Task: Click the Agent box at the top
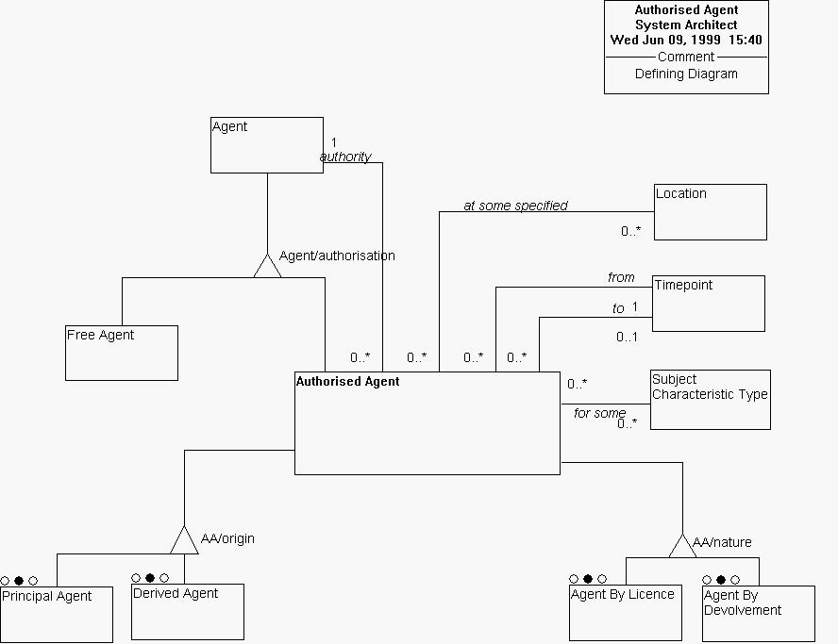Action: point(266,145)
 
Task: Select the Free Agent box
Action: point(122,353)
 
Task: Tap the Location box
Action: point(710,212)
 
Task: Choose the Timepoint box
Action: point(708,303)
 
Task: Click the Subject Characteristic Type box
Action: point(710,399)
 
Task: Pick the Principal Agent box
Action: point(56,614)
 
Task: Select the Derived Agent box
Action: point(187,612)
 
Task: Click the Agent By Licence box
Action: point(625,612)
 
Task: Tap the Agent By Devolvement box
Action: point(758,614)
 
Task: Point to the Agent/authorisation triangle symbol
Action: point(268,267)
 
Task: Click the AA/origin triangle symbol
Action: point(184,541)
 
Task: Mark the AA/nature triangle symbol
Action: point(682,546)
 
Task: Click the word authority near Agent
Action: point(345,157)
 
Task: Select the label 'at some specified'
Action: point(515,206)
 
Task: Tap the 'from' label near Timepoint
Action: point(621,277)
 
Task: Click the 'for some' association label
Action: point(599,413)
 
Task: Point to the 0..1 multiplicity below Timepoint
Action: point(628,337)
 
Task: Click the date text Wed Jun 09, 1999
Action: point(665,41)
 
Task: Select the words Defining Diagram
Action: point(686,74)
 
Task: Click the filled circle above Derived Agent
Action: point(150,578)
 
